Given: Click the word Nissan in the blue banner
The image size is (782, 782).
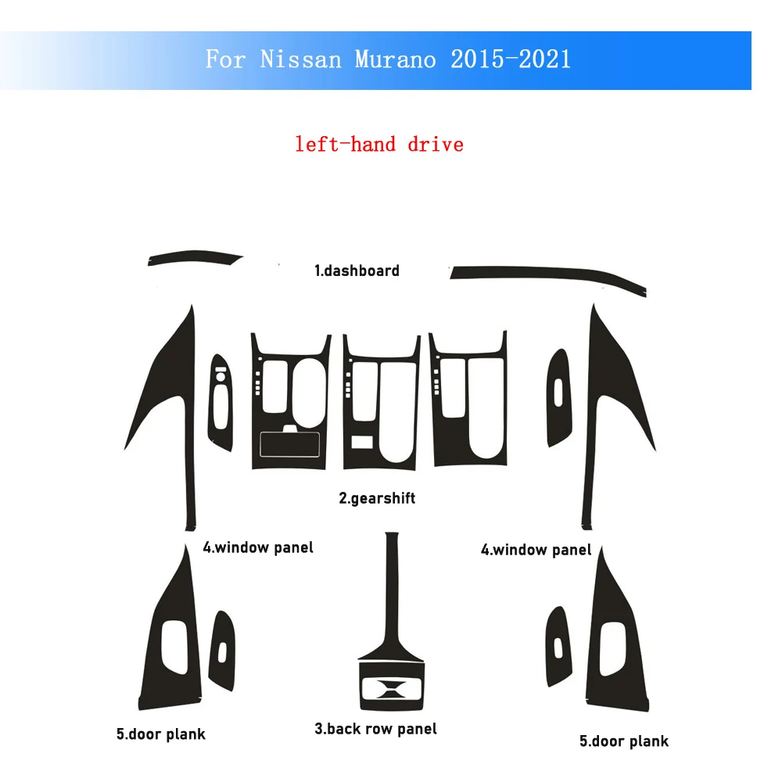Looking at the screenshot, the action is point(301,59).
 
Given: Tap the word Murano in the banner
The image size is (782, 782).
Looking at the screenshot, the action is point(395,59).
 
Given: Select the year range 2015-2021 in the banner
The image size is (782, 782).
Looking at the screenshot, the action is point(511,59).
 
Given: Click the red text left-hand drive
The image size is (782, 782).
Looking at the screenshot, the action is point(379,145).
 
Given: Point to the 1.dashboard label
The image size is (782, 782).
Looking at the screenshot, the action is point(357,271).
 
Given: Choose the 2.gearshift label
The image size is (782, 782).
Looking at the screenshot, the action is point(377,498).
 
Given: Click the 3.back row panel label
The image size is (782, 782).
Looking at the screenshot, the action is point(375,729).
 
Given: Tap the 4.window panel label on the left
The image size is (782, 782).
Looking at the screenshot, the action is point(258,547).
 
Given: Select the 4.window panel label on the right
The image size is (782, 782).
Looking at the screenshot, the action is point(536,550).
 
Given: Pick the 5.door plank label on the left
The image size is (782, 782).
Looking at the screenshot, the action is point(160,734).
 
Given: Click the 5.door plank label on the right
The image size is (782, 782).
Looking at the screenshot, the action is point(624,741).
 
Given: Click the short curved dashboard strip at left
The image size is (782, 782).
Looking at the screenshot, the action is point(195,256).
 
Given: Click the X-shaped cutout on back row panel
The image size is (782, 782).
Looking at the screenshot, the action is point(392,689).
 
